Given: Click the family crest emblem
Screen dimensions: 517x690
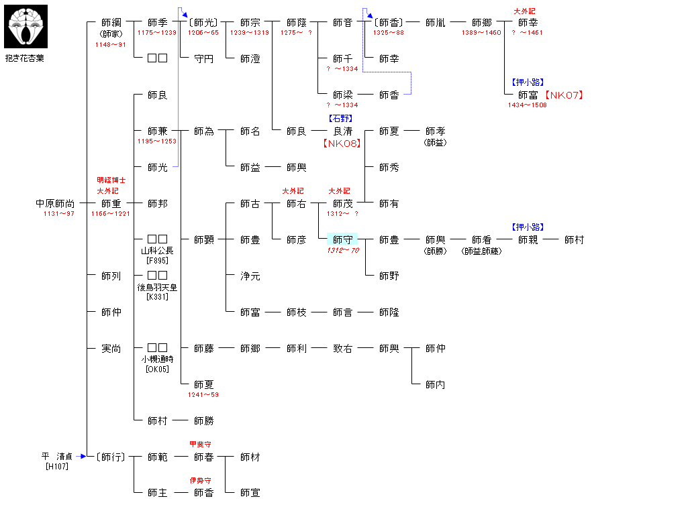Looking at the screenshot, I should pyautogui.click(x=26, y=26).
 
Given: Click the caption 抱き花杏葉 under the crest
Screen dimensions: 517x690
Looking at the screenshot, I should pyautogui.click(x=25, y=58).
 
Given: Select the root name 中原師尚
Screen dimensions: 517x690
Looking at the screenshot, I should pyautogui.click(x=55, y=203).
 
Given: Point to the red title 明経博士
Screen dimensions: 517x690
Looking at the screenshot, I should pyautogui.click(x=111, y=180).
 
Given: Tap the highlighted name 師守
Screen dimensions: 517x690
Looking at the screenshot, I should pyautogui.click(x=342, y=239).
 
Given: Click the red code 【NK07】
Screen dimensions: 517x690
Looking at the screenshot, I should pyautogui.click(x=563, y=95).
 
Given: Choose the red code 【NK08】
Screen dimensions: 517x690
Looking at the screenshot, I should pyautogui.click(x=341, y=143).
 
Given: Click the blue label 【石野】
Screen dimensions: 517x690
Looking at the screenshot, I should pyautogui.click(x=341, y=119).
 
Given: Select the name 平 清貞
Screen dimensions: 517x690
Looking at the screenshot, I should pyautogui.click(x=56, y=456).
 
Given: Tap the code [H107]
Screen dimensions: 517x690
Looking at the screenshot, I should pyautogui.click(x=56, y=467).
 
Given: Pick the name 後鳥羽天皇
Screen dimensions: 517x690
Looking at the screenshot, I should pyautogui.click(x=157, y=287).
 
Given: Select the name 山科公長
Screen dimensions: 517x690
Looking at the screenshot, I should pyautogui.click(x=157, y=251).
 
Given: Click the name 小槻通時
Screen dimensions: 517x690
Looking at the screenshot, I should pyautogui.click(x=157, y=359).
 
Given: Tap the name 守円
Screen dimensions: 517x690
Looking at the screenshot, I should pyautogui.click(x=203, y=59).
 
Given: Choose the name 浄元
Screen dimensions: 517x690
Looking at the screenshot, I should pyautogui.click(x=250, y=276).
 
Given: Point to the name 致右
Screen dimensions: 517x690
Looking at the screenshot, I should pyautogui.click(x=342, y=348).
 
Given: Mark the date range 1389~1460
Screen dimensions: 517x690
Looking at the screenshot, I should pyautogui.click(x=481, y=33).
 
